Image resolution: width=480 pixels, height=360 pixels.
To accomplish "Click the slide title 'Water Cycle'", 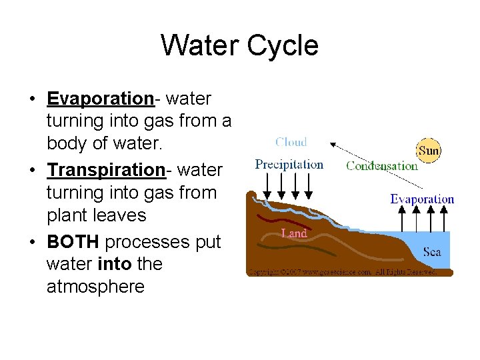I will (x=239, y=46).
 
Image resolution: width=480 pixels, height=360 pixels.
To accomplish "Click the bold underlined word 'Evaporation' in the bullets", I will (x=100, y=99).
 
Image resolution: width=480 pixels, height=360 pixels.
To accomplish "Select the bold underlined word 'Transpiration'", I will (x=105, y=170).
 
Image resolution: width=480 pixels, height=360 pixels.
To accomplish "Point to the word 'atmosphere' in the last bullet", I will (x=95, y=287).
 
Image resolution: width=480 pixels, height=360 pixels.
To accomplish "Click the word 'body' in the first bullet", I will (x=69, y=144).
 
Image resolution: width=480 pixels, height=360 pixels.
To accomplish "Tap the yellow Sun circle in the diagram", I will (x=429, y=151).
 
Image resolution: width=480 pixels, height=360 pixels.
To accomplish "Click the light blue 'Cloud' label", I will (x=291, y=142).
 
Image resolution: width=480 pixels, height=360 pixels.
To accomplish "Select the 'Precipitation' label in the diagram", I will (x=289, y=164).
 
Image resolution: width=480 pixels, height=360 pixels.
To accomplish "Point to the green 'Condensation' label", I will (x=381, y=166).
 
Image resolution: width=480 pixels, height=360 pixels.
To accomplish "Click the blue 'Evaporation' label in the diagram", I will (x=422, y=199).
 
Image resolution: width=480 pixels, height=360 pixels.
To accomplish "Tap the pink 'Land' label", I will (x=294, y=233).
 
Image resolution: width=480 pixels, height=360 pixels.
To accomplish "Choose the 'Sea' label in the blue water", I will (x=432, y=252).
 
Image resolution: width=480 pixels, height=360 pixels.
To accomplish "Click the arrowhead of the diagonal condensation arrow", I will (x=333, y=143).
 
